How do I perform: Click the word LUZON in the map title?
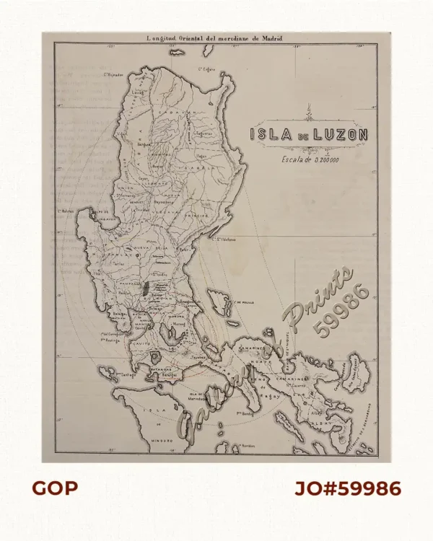(x=342, y=134)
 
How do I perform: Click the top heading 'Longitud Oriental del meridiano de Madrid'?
(x=214, y=38)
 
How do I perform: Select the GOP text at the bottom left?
(x=54, y=488)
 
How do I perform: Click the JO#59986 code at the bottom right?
(x=347, y=488)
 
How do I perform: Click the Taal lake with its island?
(x=155, y=358)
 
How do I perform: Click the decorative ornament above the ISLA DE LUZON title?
(x=310, y=113)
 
